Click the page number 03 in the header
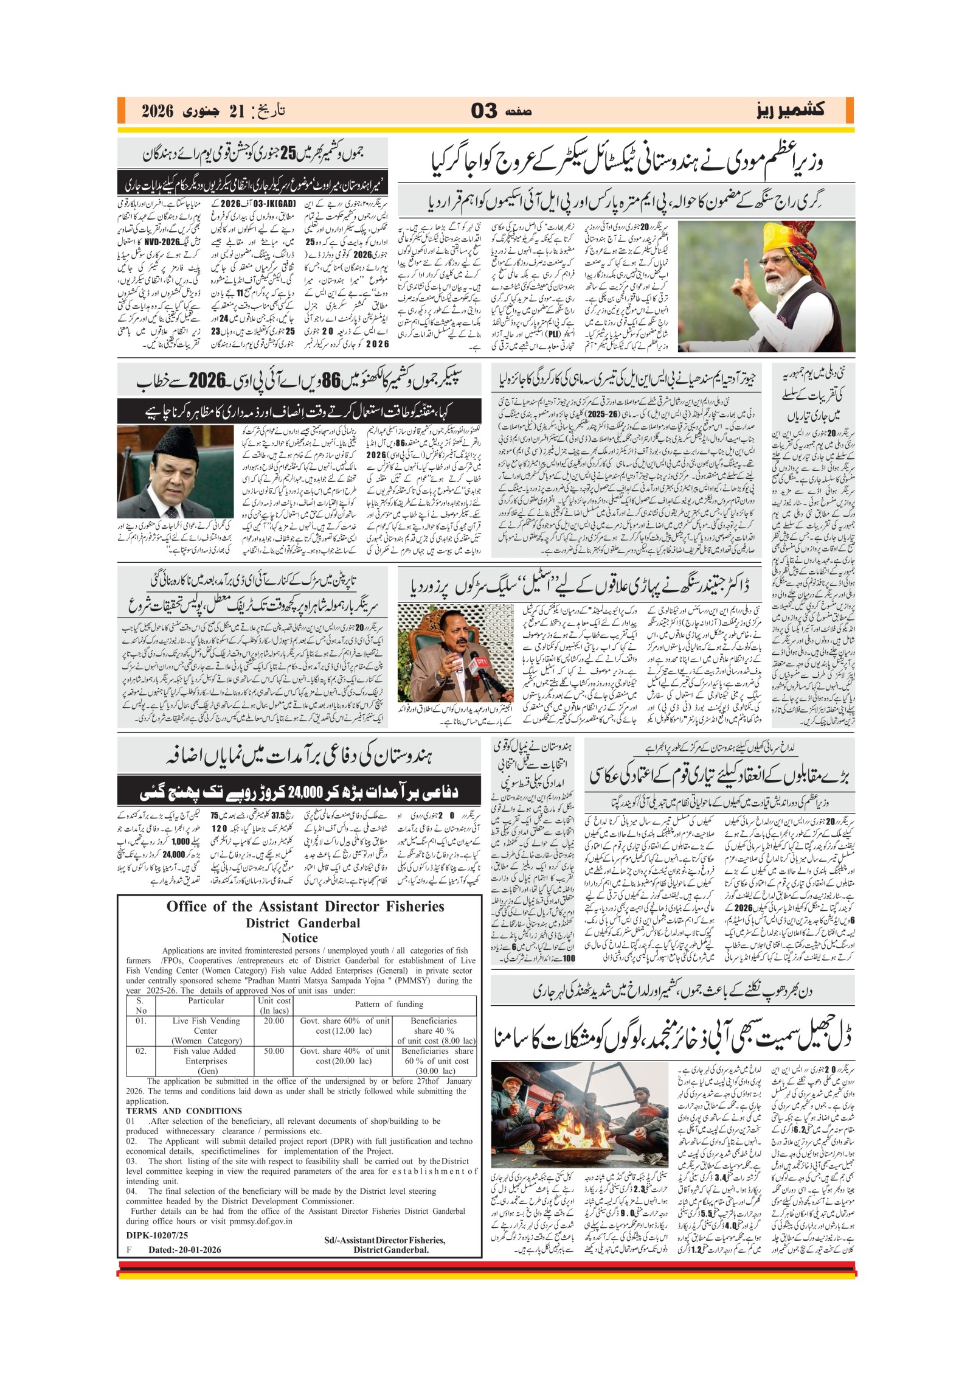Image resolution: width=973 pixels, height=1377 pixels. point(484,111)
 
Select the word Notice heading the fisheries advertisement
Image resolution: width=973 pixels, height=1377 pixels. point(300,937)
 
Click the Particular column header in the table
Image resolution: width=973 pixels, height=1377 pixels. point(206,1000)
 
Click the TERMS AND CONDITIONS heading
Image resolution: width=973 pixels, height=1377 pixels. point(184,1110)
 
